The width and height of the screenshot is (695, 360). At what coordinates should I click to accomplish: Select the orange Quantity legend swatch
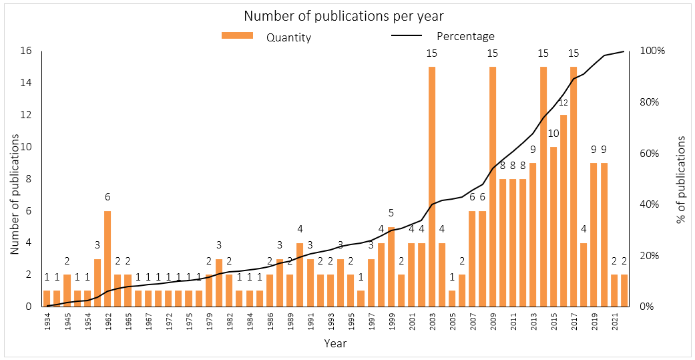(237, 36)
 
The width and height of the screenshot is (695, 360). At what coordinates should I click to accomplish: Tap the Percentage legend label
(465, 36)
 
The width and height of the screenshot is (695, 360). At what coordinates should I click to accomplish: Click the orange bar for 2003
(432, 186)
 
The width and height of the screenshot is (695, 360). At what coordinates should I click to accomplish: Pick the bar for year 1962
(107, 258)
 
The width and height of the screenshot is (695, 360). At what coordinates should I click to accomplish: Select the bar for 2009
(493, 186)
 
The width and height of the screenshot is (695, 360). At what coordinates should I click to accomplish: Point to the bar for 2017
(573, 186)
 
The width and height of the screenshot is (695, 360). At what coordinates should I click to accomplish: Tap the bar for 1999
(391, 266)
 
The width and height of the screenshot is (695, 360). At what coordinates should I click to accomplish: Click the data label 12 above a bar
(563, 103)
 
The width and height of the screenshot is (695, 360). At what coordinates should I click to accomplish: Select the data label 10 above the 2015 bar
(553, 134)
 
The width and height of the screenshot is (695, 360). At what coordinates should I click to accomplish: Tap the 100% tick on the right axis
(652, 51)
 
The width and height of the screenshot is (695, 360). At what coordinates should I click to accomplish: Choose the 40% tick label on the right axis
(650, 204)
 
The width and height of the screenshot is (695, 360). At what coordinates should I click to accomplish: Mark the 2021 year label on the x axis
(614, 323)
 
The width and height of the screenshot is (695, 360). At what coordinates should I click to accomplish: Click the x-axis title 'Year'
(335, 343)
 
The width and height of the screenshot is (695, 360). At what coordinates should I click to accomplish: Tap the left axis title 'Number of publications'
(13, 179)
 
